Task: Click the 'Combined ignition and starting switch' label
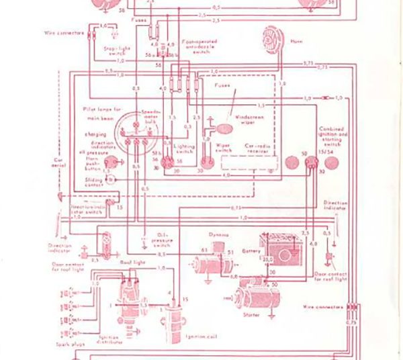334,134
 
